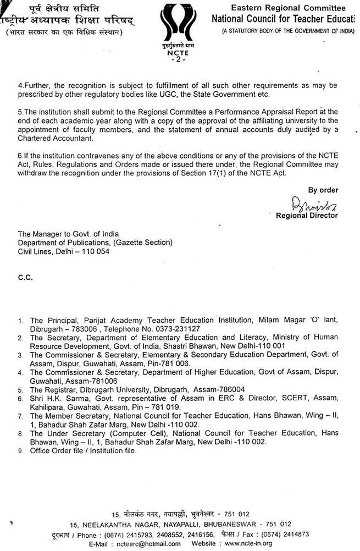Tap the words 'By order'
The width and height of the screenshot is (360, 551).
323,190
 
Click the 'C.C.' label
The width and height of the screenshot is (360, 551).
25,278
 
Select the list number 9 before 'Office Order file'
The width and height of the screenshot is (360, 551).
20,451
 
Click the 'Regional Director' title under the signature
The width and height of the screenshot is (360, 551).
307,216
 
